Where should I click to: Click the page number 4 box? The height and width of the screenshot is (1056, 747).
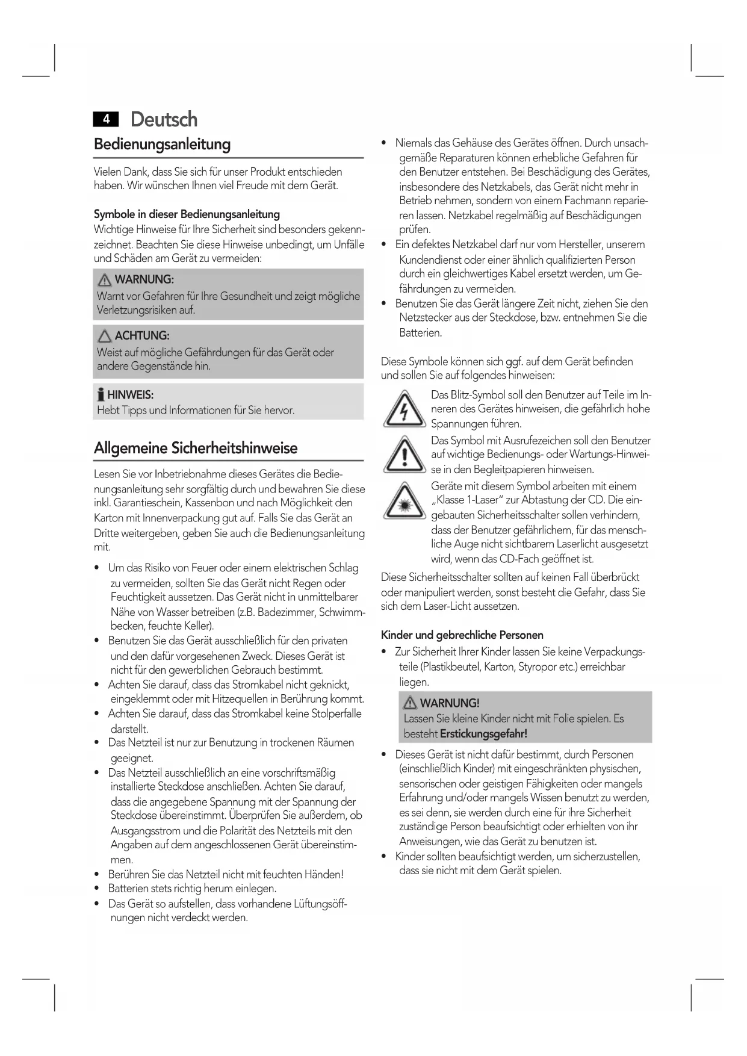106,119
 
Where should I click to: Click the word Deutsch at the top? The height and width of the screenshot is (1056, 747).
164,119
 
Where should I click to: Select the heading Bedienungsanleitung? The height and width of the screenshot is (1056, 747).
162,144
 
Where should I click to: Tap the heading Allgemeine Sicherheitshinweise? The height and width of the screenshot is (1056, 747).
196,448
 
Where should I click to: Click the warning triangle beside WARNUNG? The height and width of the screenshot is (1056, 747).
105,280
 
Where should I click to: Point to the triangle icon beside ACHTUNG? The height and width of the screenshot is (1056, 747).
105,336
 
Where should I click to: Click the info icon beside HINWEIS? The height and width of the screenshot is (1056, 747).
101,396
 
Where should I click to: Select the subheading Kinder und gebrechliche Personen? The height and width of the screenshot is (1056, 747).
462,635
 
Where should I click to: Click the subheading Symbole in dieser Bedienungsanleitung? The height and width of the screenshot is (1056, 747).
187,214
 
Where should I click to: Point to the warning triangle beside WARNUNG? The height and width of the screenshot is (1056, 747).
411,703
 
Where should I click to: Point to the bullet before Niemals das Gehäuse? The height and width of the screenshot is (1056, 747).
384,143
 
